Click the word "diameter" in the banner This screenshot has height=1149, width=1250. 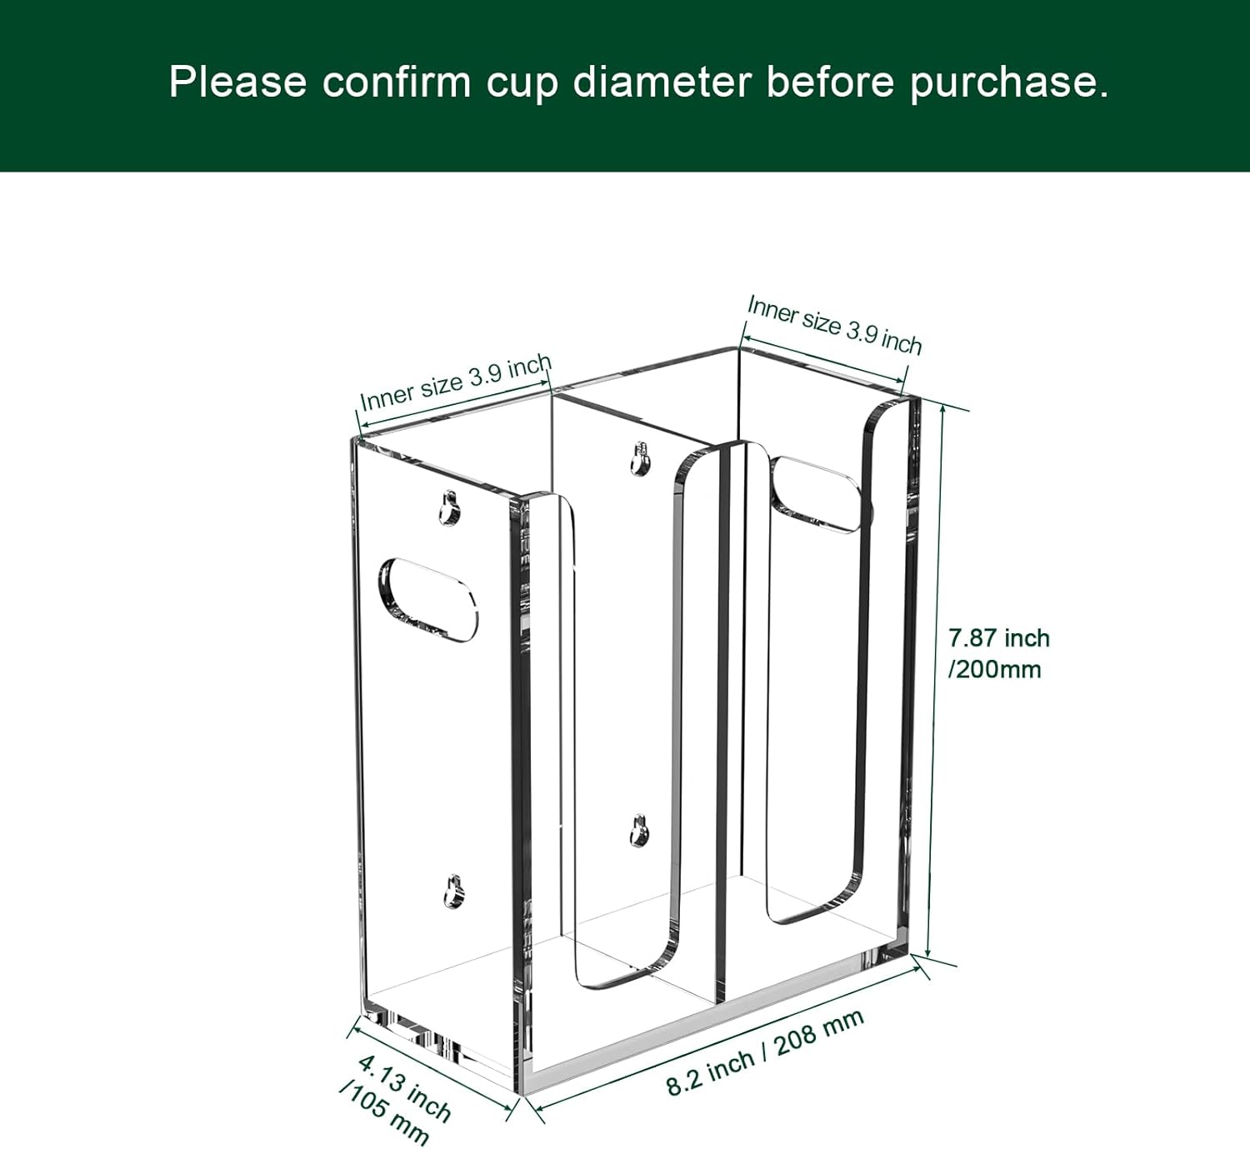click(x=662, y=82)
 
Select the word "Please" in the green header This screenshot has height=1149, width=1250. click(x=238, y=82)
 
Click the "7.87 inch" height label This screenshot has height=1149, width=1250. click(x=999, y=638)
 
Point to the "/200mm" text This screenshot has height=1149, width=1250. click(x=994, y=670)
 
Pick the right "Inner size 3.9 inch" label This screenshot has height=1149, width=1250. click(x=834, y=325)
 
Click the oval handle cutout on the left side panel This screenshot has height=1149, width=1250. click(x=428, y=600)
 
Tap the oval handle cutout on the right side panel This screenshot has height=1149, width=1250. click(x=816, y=495)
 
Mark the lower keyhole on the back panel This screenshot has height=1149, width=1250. click(x=638, y=831)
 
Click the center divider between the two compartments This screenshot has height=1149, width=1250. click(x=722, y=722)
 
